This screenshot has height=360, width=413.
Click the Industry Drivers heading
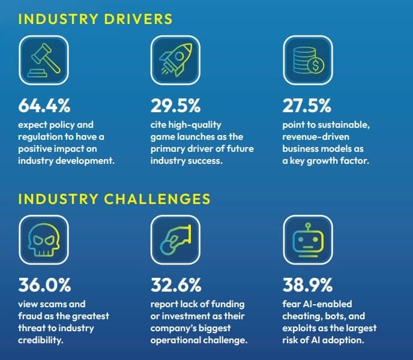95,19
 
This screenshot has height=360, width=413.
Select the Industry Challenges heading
115,198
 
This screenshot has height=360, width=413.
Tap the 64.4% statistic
45,106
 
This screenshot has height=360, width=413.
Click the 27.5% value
307,106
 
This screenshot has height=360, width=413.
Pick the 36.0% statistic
45,284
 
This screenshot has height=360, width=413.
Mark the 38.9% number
307,284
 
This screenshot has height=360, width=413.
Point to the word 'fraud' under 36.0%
32,316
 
